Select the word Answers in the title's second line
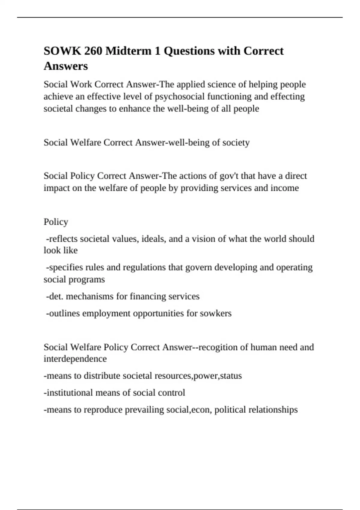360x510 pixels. click(66, 66)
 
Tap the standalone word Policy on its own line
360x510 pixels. click(56, 222)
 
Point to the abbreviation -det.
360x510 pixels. click(54, 296)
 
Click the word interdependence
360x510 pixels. click(75, 359)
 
